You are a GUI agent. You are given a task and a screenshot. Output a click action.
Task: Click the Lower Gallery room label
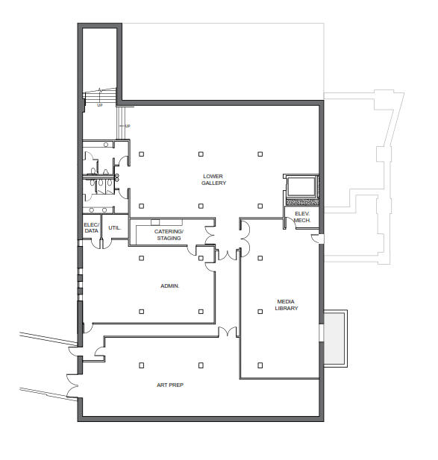[x=213, y=180]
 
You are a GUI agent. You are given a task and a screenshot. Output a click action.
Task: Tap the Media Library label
[x=287, y=305]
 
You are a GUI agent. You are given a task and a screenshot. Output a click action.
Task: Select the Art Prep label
[x=170, y=385]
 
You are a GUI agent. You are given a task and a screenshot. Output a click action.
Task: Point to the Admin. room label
[x=169, y=286]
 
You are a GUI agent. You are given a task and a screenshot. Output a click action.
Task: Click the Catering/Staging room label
[x=169, y=235]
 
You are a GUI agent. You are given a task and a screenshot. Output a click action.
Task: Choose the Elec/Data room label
[x=91, y=227]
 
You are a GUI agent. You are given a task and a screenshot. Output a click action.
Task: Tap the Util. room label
[x=114, y=227]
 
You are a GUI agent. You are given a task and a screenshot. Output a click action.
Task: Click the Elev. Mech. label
[x=302, y=217]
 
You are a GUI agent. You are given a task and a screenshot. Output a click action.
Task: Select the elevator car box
[x=301, y=187]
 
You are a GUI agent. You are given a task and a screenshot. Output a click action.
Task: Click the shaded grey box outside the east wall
[x=334, y=338]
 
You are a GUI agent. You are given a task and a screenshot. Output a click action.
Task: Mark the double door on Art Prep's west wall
[x=72, y=385]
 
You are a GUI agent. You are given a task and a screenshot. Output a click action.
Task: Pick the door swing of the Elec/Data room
[x=96, y=245]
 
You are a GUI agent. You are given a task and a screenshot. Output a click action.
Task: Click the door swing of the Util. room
[x=107, y=245]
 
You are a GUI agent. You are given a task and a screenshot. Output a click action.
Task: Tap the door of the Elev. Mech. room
[x=290, y=223]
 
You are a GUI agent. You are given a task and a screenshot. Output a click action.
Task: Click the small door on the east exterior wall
[x=316, y=239]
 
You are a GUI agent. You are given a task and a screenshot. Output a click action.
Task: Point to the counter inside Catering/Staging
[x=166, y=222]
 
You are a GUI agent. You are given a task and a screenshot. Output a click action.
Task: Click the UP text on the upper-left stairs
[x=100, y=105]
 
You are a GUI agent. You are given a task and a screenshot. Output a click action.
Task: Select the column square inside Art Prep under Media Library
[x=260, y=365]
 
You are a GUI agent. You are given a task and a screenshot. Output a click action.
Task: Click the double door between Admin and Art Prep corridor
[x=228, y=332]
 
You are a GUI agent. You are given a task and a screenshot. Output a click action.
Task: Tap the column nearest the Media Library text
[x=260, y=312]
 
